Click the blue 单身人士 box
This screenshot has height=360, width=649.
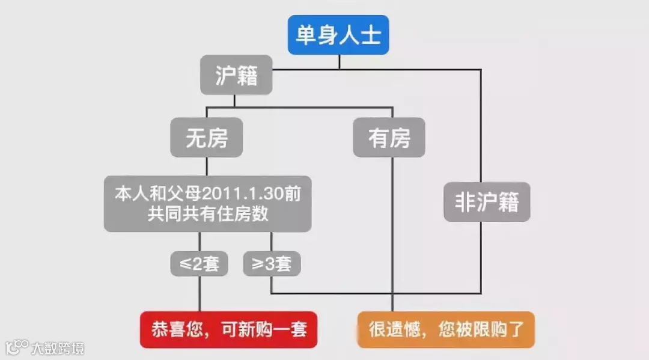click(338, 35)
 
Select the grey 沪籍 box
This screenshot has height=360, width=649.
click(236, 75)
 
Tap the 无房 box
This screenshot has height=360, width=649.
click(207, 138)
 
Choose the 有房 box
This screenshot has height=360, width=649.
click(389, 138)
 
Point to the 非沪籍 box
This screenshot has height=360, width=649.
click(487, 202)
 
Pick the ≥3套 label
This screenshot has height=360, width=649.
click(272, 263)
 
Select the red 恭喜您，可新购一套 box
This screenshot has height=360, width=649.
click(228, 329)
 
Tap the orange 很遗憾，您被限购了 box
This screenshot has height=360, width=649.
click(446, 329)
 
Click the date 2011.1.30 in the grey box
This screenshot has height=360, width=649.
click(246, 195)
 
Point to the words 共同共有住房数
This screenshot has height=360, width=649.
click(207, 213)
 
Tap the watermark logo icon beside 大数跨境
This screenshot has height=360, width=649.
click(17, 347)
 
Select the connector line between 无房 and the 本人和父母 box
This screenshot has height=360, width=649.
click(207, 166)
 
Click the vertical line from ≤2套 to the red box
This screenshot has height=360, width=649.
click(199, 294)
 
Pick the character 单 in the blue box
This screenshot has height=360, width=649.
click(306, 35)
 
